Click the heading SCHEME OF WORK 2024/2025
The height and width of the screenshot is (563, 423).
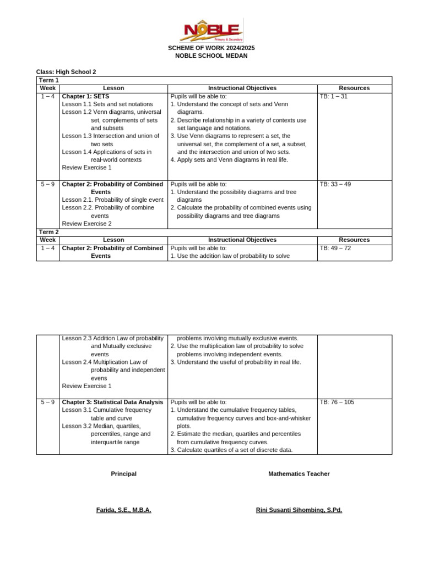(211, 48)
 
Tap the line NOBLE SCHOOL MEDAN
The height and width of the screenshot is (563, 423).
(211, 56)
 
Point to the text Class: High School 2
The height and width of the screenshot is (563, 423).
(66, 72)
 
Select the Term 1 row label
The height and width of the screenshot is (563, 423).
(48, 80)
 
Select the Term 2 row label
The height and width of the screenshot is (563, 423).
(48, 232)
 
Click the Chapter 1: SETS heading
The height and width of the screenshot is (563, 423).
(85, 96)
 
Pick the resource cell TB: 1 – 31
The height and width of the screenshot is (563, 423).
(334, 96)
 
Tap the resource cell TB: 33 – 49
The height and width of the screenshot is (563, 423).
(335, 184)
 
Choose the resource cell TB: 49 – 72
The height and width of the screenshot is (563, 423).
(335, 248)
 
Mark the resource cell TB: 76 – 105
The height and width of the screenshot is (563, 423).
(337, 402)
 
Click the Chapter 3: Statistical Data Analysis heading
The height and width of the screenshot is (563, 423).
(112, 402)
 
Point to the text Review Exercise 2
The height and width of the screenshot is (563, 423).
(86, 224)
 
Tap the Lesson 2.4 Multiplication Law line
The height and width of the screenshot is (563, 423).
(105, 362)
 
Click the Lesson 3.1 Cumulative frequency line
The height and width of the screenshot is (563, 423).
(106, 410)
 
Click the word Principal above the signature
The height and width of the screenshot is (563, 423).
(123, 473)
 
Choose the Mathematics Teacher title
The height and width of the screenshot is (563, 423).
(299, 473)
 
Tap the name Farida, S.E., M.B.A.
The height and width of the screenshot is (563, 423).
(123, 510)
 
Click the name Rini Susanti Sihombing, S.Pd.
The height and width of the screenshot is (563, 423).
(299, 510)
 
